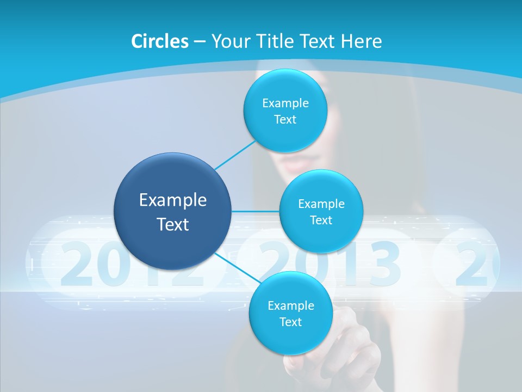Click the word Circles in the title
click(159, 41)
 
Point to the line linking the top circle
click(235, 155)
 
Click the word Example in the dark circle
click(173, 200)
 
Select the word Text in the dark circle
click(173, 224)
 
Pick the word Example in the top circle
click(285, 103)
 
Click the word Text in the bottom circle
click(290, 322)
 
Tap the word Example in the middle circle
click(321, 204)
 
